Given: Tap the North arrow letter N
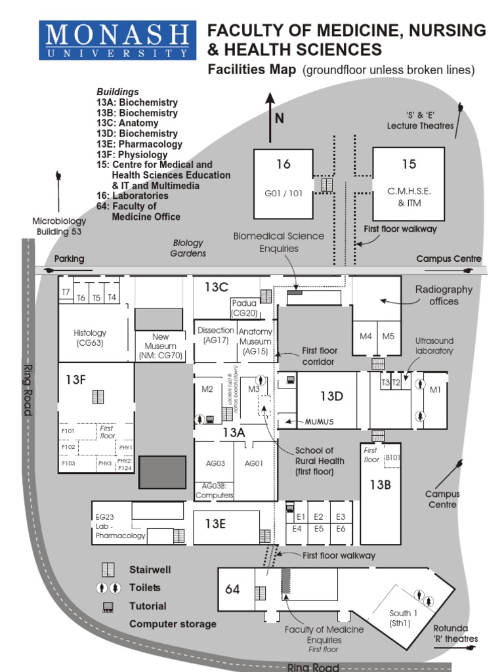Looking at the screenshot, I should tap(280, 119).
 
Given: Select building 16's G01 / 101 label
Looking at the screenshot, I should tap(283, 194).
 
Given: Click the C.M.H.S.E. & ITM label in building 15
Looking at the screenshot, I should tap(409, 196).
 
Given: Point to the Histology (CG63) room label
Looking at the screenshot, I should tap(90, 338).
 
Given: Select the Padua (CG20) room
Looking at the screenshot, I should tap(243, 308).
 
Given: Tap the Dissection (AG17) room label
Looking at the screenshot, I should tap(215, 335).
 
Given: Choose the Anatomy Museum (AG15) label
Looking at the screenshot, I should tap(255, 341).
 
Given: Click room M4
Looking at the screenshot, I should tap(366, 337).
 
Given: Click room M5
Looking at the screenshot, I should tap(388, 337).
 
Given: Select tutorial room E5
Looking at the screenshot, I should tap(319, 528).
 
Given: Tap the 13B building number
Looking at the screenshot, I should tap(380, 485).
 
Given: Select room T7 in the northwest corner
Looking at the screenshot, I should tap(66, 291).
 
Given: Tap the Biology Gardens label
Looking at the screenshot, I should tap(188, 248).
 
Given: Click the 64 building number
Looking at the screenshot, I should tap(233, 589).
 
